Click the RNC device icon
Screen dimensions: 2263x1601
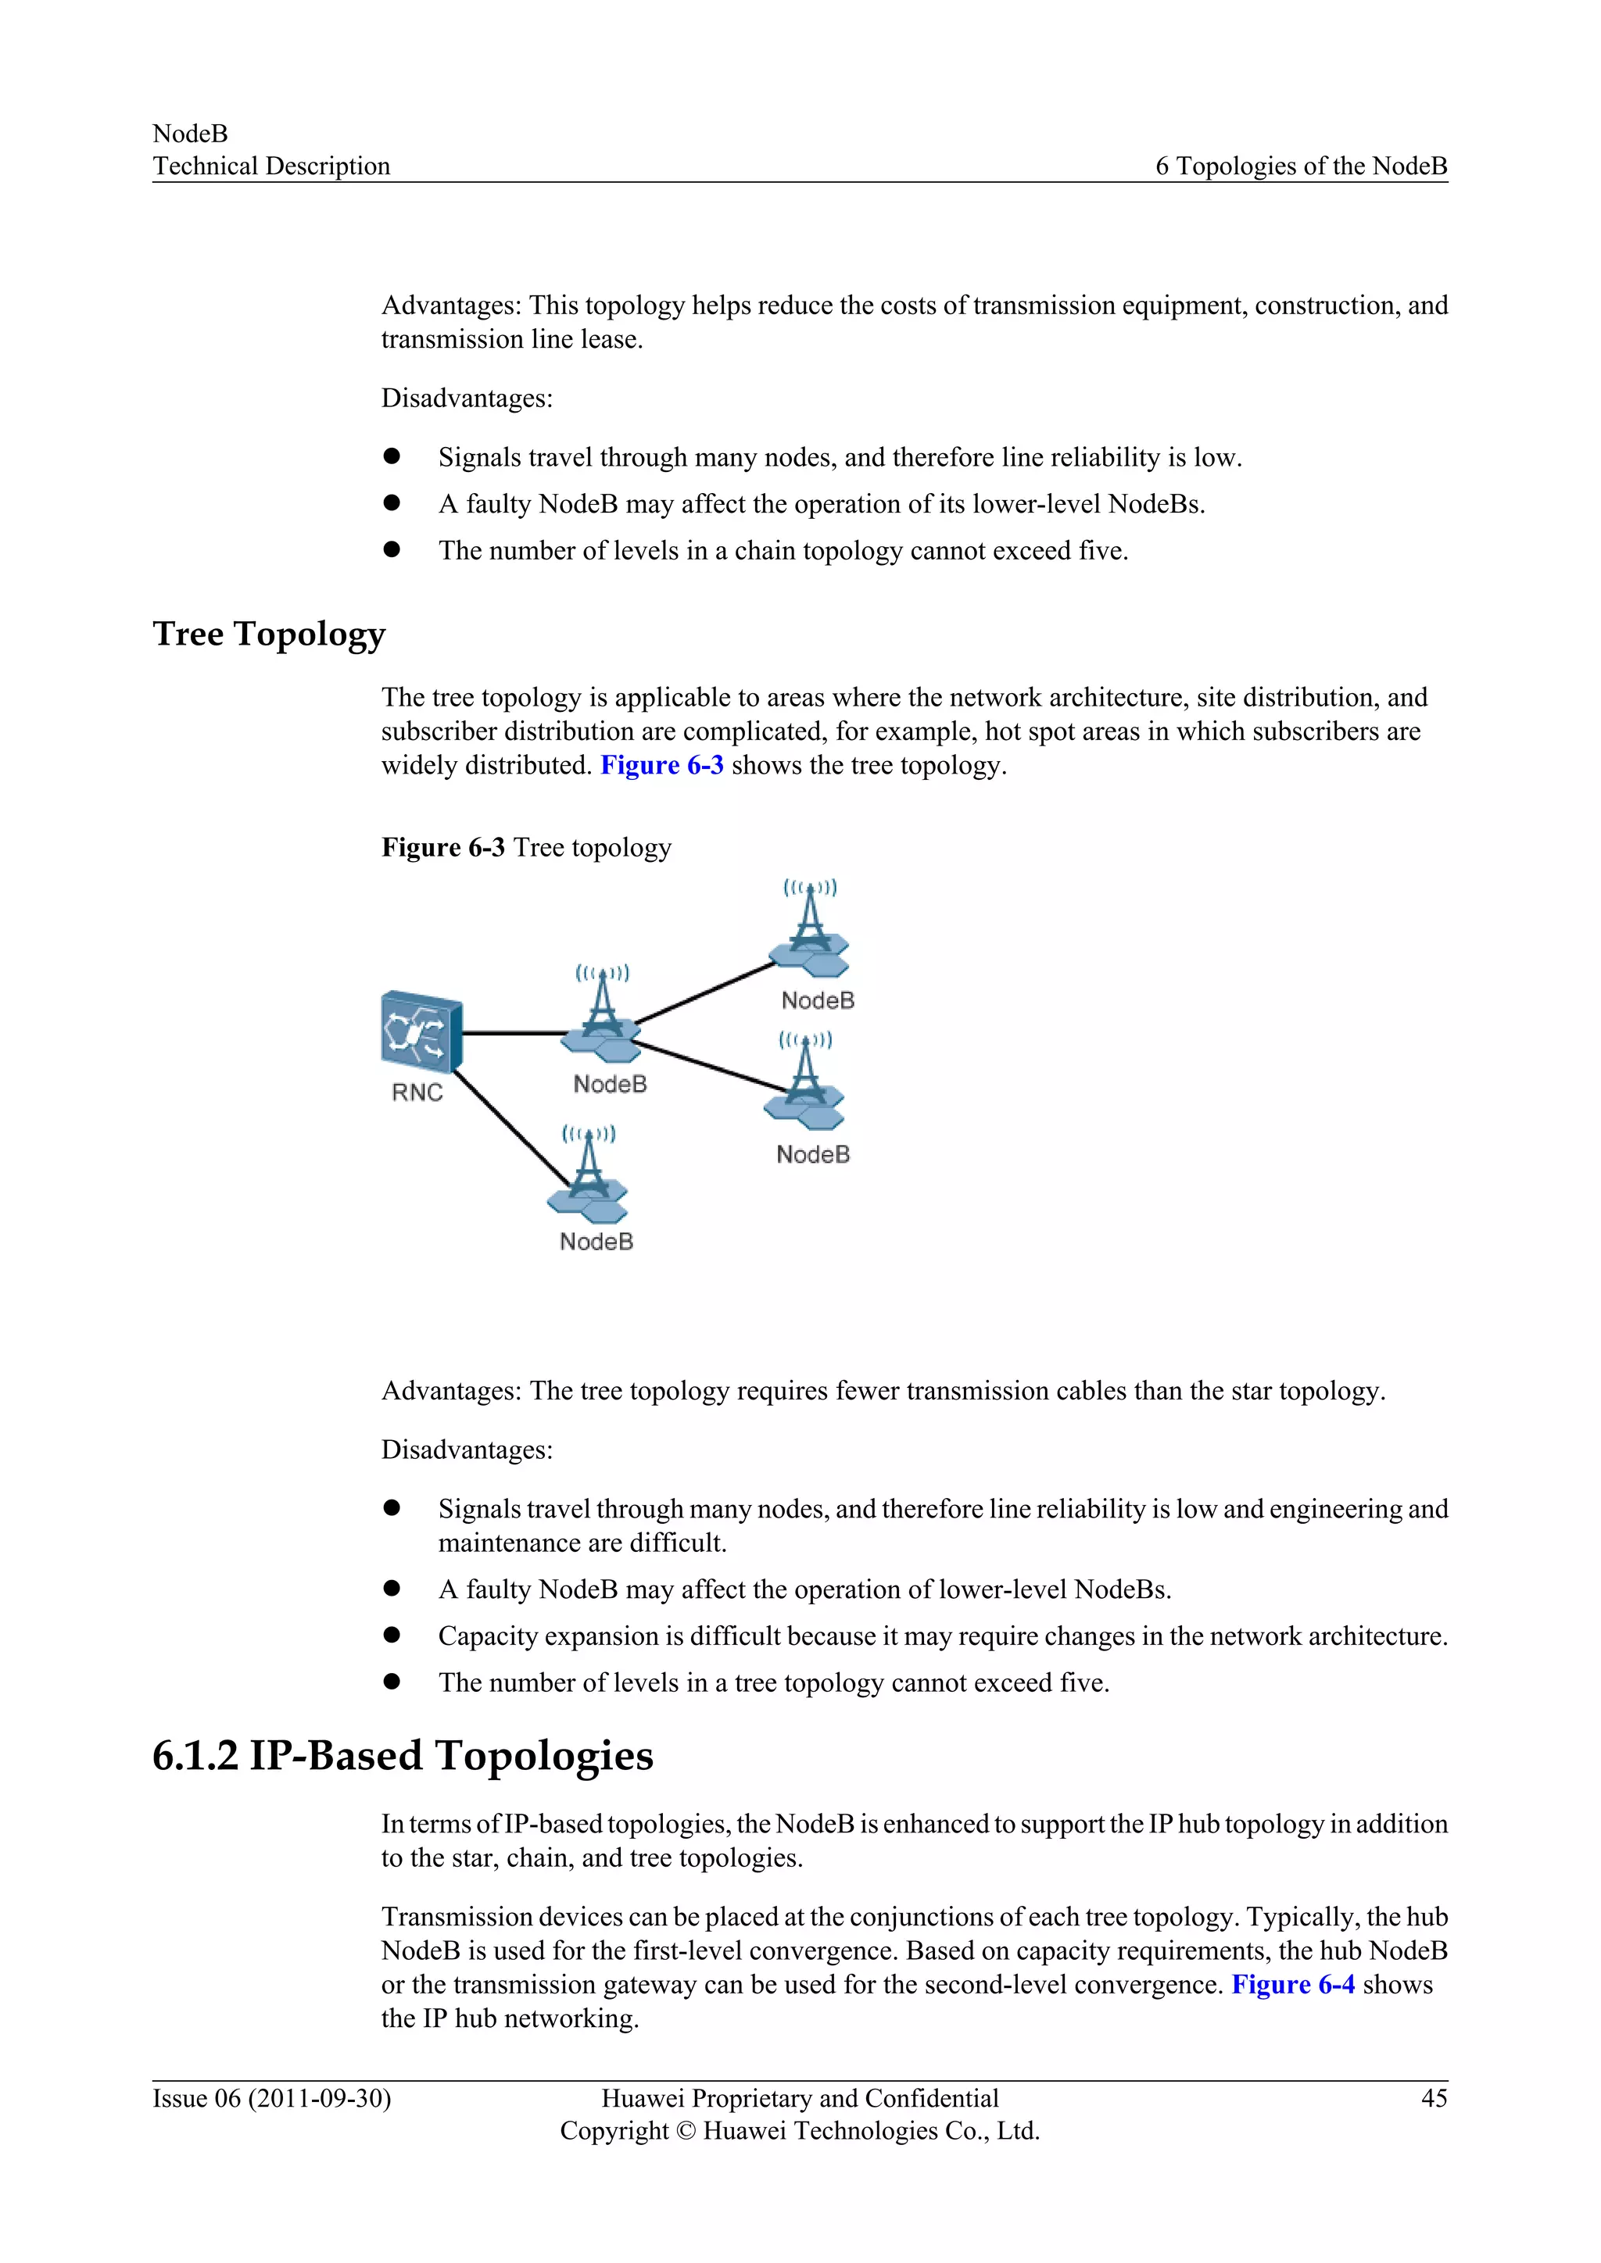[x=421, y=1031]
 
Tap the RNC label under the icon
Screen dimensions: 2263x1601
[x=417, y=1092]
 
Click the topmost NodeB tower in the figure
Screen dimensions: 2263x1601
[x=809, y=924]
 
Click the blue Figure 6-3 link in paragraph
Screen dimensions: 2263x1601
[x=661, y=766]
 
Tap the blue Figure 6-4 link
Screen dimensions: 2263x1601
[x=1292, y=1984]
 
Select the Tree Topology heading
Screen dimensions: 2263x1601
[x=268, y=634]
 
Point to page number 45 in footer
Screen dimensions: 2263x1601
[x=1434, y=2098]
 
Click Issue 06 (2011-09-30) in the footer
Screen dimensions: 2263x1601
[x=271, y=2098]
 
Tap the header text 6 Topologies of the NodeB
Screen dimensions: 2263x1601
[x=1300, y=166]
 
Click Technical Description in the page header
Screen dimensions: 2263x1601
[x=271, y=166]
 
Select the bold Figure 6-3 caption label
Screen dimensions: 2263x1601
[x=442, y=848]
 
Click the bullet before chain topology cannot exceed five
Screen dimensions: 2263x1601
[x=392, y=549]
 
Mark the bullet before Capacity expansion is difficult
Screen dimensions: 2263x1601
[x=392, y=1636]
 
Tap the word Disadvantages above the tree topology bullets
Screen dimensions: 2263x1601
[x=466, y=1450]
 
